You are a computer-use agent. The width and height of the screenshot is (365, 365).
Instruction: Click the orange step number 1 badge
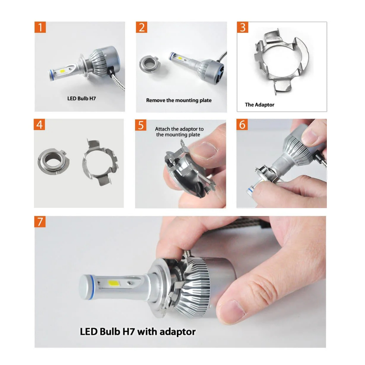40,27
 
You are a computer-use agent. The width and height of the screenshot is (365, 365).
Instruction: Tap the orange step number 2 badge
142,27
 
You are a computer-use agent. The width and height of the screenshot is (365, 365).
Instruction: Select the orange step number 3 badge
242,27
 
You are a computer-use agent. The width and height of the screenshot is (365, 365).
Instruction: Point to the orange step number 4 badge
39,124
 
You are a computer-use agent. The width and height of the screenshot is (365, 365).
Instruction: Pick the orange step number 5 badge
141,125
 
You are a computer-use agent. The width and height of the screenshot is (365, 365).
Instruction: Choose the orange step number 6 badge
242,124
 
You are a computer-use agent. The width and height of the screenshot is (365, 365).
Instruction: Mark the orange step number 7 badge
40,222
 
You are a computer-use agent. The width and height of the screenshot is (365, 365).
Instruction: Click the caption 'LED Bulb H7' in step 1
82,98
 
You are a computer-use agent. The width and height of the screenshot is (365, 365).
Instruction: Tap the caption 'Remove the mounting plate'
179,100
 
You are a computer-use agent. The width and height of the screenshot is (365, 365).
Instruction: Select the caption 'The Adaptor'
259,105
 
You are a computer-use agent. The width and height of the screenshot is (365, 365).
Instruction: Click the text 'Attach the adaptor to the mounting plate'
179,132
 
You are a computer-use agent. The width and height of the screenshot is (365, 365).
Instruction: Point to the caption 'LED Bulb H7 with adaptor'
138,332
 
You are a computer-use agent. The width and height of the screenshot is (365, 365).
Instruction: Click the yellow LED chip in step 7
113,283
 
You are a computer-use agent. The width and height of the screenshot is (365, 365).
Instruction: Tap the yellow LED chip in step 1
62,71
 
